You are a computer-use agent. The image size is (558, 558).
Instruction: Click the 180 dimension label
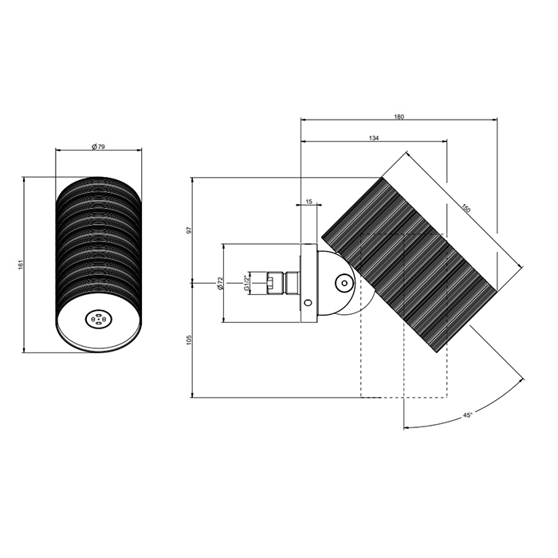[399, 116]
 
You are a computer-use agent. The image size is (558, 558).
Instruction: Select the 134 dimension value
[374, 138]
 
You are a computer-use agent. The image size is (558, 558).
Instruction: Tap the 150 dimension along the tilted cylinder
[466, 208]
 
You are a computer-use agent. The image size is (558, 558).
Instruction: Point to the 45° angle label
[468, 415]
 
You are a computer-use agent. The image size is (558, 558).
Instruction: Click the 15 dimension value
[309, 202]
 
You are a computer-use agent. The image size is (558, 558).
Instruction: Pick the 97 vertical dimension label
[190, 230]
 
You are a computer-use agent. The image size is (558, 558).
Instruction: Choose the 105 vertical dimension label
[190, 339]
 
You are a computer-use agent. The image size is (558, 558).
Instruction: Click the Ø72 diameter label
[221, 283]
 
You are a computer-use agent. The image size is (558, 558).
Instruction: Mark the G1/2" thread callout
[246, 283]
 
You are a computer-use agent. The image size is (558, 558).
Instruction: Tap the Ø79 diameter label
[98, 146]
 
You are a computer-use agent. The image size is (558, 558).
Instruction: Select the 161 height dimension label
[20, 265]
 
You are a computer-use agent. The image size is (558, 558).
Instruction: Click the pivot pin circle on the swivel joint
[344, 283]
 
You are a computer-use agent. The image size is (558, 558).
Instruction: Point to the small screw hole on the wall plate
[308, 302]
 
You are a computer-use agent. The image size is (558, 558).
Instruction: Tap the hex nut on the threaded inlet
[273, 283]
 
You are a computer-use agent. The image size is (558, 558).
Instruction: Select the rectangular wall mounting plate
[309, 283]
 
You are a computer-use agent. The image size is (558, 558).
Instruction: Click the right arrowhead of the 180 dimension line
[495, 120]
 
